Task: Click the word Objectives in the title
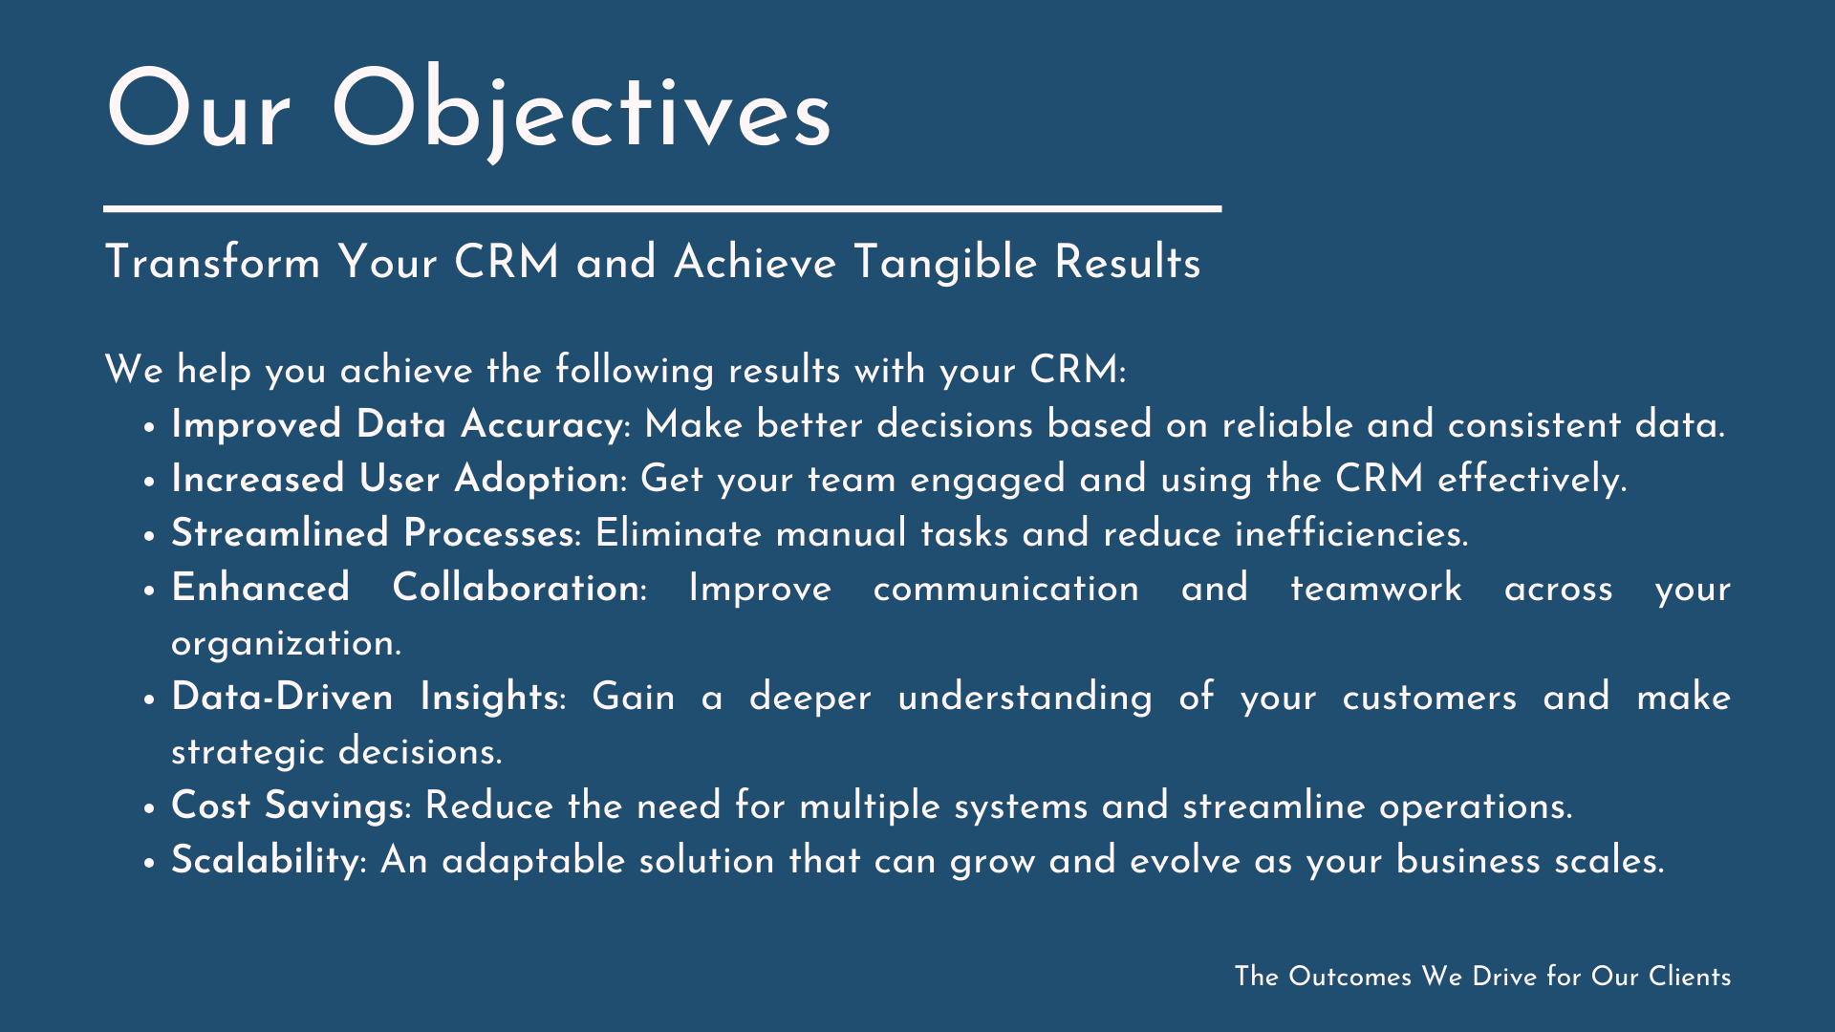click(581, 111)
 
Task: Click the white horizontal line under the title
click(662, 208)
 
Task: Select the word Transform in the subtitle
click(212, 262)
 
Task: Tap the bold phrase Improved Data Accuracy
click(398, 425)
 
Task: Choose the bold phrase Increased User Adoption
click(396, 479)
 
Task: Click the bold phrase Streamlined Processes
click(373, 533)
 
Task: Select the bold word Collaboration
click(516, 588)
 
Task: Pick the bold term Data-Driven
click(282, 697)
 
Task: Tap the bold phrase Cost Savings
click(288, 806)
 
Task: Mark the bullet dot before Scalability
click(149, 863)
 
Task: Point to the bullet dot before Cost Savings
click(149, 808)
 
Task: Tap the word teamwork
click(1376, 588)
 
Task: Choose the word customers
click(1430, 698)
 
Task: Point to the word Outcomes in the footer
click(1349, 977)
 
